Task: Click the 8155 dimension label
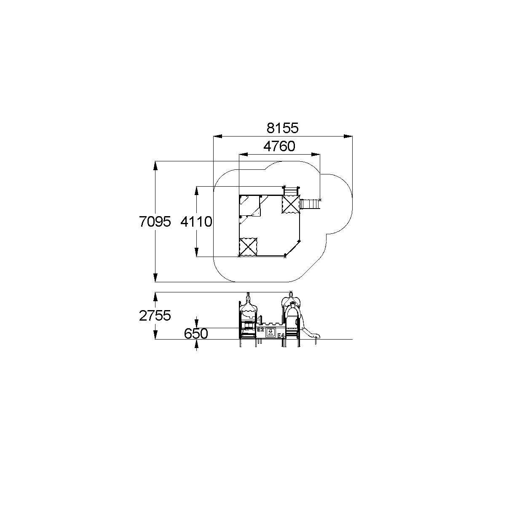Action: pos(283,128)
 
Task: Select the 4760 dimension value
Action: pos(279,146)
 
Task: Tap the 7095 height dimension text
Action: pos(155,221)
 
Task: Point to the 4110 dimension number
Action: pos(196,222)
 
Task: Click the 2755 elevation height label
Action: pos(155,316)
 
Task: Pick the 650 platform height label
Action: pos(196,334)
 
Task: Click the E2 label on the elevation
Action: pos(260,330)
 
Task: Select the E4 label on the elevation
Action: pos(281,335)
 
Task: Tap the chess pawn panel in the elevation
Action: pos(271,332)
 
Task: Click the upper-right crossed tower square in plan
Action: pos(291,204)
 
